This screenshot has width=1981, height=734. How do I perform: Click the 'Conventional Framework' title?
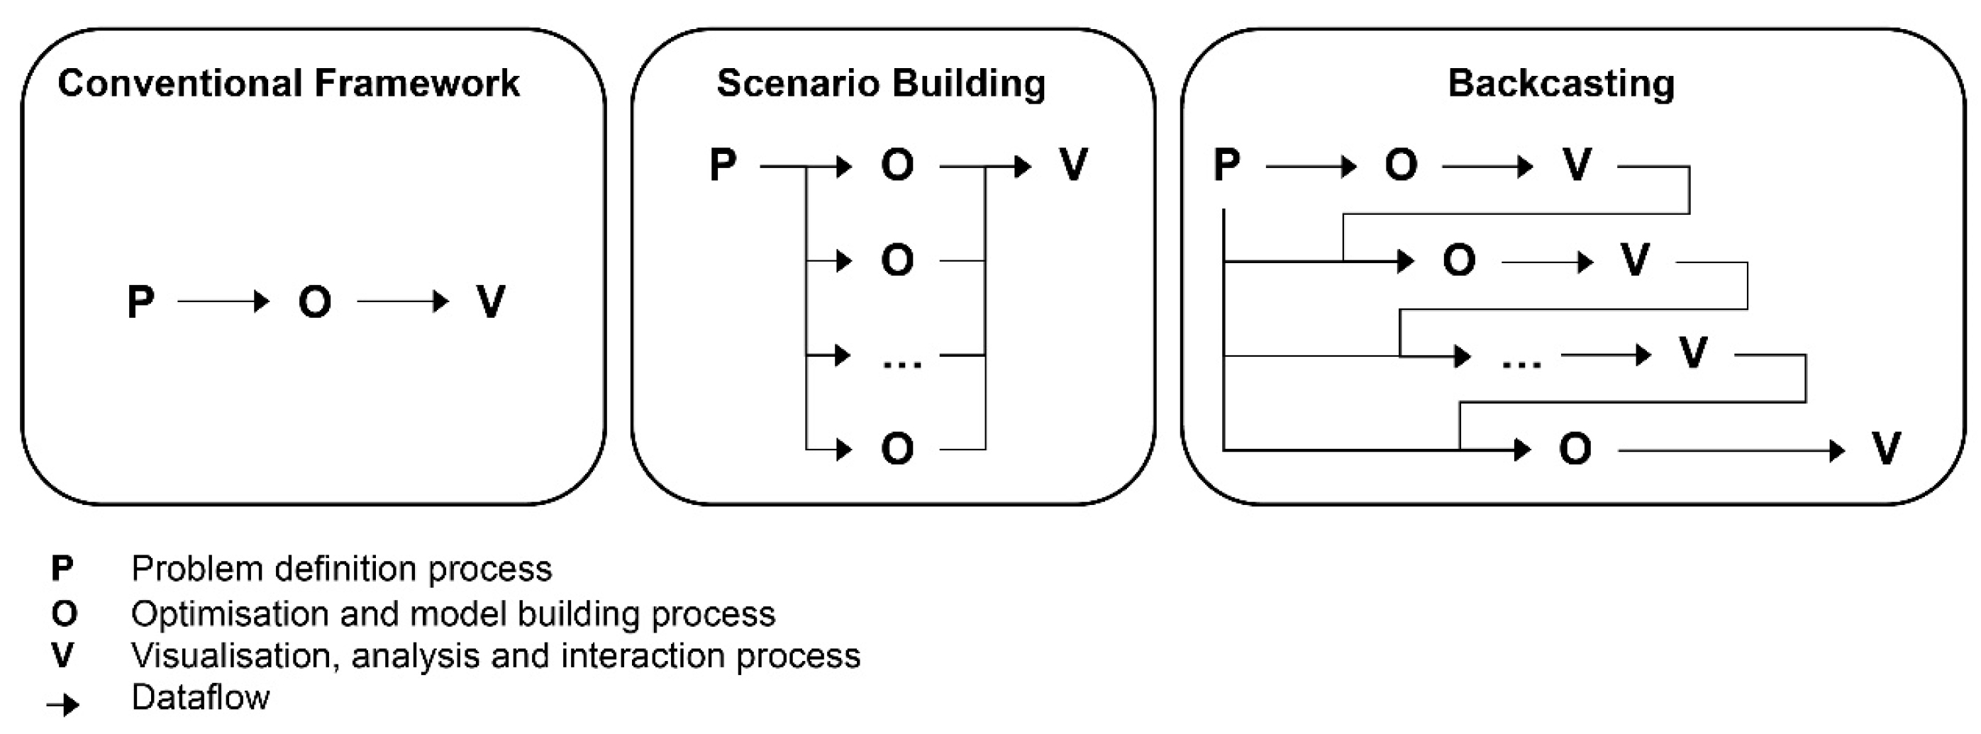click(289, 83)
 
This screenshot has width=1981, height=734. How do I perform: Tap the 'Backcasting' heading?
click(1561, 83)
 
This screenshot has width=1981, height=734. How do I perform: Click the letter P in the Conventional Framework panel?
click(140, 301)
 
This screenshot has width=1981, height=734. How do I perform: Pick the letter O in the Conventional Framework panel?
click(314, 301)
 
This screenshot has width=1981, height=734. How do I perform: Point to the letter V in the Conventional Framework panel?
click(491, 301)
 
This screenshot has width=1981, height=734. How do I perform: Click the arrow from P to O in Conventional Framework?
click(223, 301)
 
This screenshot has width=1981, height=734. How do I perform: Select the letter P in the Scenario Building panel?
click(723, 165)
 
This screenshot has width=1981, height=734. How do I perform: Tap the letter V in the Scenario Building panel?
click(1073, 165)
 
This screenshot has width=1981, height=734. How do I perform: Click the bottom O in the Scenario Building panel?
click(897, 449)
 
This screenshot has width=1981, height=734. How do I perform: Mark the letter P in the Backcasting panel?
click(1226, 165)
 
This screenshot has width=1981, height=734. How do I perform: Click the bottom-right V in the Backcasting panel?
click(1887, 449)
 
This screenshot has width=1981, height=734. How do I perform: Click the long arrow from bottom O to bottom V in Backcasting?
click(1731, 450)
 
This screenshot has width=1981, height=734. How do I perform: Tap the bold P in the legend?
click(62, 569)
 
